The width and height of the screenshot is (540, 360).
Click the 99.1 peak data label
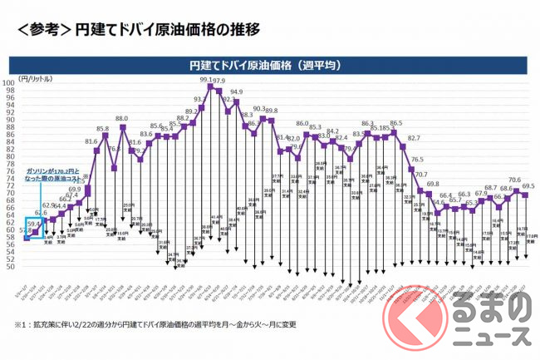tap(208, 81)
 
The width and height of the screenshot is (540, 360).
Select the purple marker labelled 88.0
tap(123, 126)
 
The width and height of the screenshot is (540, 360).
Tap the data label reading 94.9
tap(237, 92)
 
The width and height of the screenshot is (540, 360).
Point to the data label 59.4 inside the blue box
tap(34, 223)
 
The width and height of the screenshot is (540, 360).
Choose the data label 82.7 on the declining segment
tap(414, 138)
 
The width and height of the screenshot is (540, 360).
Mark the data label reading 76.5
tap(418, 160)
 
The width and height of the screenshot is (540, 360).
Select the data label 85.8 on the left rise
tap(102, 129)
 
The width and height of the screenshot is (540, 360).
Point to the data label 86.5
tap(395, 123)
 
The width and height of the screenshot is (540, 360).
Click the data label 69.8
tap(433, 184)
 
